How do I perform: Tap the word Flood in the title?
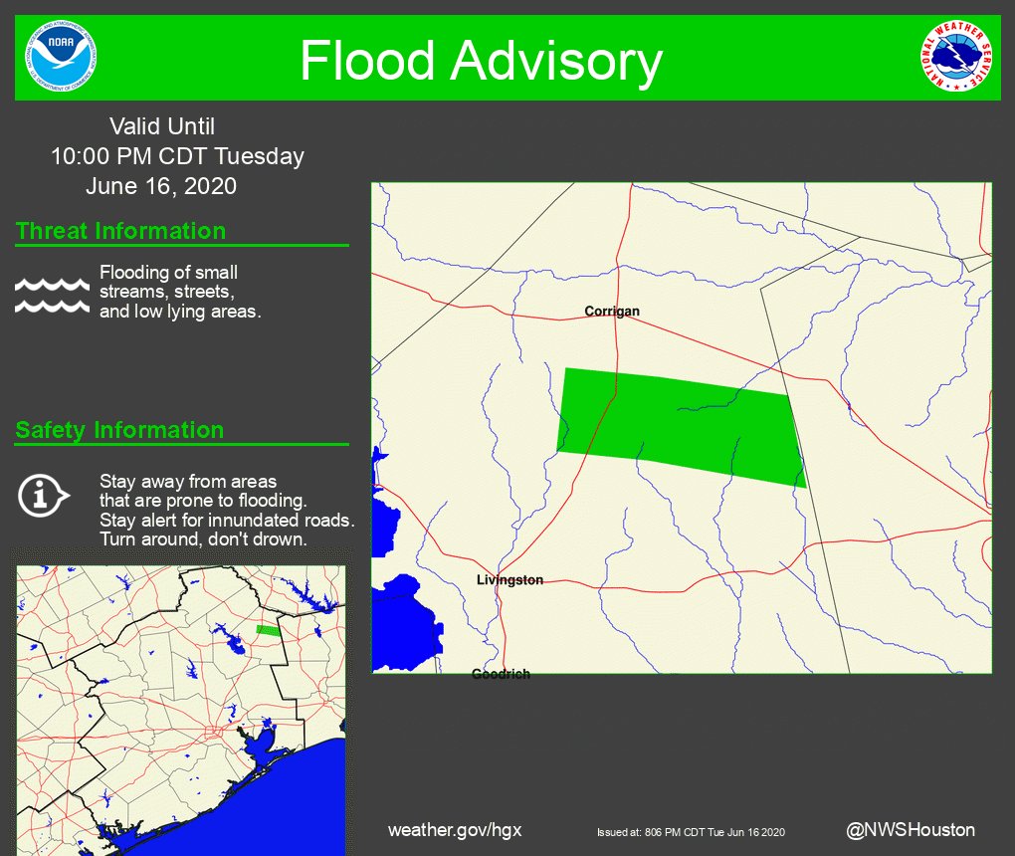(x=367, y=61)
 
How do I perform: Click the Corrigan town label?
(x=612, y=312)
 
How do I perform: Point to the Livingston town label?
(x=509, y=580)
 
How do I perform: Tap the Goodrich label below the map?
(x=501, y=675)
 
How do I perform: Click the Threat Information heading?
(x=120, y=232)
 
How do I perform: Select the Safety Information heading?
(x=119, y=431)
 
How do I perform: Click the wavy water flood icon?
(x=52, y=296)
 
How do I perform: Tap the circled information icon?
(x=43, y=495)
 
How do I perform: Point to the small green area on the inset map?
(x=268, y=629)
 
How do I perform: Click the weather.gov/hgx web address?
(x=455, y=830)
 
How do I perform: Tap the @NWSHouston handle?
(x=911, y=830)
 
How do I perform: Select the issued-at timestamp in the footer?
(x=692, y=832)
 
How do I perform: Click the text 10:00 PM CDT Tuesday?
(x=177, y=156)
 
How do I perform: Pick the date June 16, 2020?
(x=161, y=186)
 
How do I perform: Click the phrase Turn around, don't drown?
(x=202, y=538)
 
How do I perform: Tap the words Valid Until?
(x=162, y=126)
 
